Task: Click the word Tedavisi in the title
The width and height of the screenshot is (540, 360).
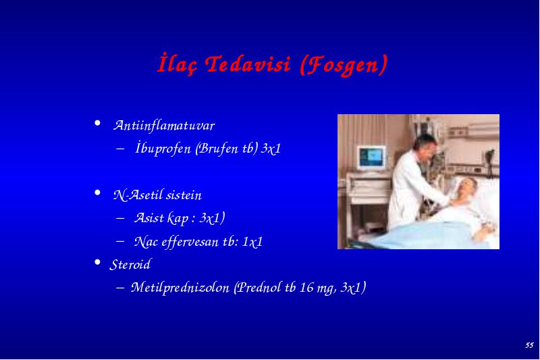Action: pos(248,64)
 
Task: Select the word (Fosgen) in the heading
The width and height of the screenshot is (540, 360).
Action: pos(344,65)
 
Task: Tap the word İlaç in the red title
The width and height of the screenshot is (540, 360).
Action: pos(177,63)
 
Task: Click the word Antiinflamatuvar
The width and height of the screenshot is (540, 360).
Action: pos(164,126)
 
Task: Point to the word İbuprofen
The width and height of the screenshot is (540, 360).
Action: pos(163,149)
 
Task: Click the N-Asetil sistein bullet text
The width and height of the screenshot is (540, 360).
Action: pos(157,195)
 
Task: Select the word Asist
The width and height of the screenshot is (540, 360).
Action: pos(148,217)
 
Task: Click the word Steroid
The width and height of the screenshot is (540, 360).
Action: pos(130,265)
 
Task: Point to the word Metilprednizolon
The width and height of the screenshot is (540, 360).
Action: pos(180,287)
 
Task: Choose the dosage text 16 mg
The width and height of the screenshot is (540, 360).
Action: pos(318,288)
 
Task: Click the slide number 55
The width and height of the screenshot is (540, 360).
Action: pos(529,345)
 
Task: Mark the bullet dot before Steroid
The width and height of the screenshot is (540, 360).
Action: pos(97,263)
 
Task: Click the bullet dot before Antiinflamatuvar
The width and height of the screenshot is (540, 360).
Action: pos(97,123)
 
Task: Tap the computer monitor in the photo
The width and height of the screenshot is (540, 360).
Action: pos(371,158)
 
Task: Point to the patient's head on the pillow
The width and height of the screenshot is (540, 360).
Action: pos(467,186)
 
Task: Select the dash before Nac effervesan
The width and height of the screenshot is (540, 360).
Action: pos(120,241)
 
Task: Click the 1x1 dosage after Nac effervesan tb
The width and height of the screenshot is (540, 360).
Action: pos(252,242)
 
